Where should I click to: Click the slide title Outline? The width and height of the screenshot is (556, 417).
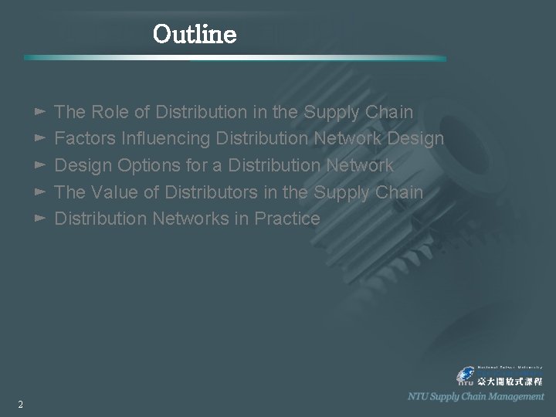tap(195, 34)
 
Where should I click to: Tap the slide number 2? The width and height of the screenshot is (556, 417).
tap(20, 405)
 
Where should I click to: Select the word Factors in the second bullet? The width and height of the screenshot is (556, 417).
tap(83, 139)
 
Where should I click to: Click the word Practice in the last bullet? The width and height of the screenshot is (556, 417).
tap(287, 219)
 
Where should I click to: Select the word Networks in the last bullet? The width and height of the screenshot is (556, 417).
tap(191, 219)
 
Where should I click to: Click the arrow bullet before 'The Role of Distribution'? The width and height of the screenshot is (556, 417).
tap(41, 112)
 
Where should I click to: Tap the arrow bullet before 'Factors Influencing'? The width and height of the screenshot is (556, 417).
tap(41, 139)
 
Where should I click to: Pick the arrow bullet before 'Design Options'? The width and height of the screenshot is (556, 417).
tap(41, 165)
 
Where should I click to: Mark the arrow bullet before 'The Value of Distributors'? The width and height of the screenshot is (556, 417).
tap(41, 192)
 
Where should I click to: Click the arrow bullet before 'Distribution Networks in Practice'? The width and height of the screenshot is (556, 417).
tap(41, 219)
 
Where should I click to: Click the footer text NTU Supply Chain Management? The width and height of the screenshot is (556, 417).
tap(476, 396)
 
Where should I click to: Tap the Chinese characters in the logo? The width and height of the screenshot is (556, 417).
tap(510, 381)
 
